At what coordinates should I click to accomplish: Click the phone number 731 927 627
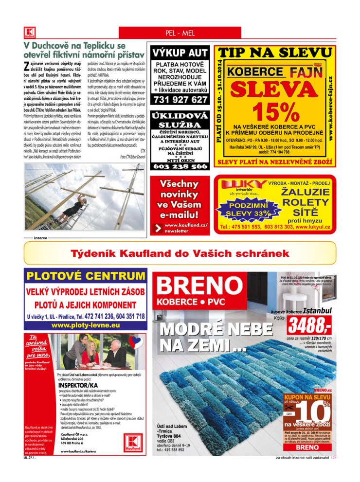180,100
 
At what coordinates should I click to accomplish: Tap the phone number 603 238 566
180,166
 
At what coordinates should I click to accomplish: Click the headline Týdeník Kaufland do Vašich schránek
180,253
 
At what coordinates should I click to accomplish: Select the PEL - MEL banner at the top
180,33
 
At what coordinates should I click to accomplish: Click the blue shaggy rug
243,394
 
